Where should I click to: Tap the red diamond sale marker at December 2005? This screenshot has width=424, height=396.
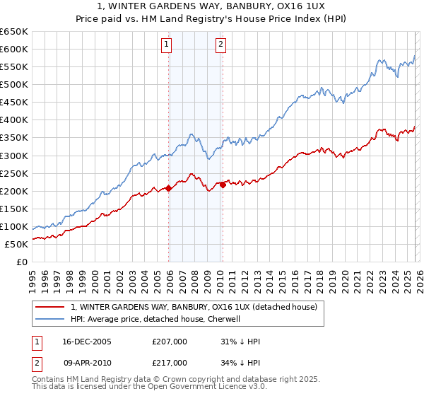pyautogui.click(x=169, y=188)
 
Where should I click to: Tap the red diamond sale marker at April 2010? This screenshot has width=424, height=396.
pyautogui.click(x=223, y=185)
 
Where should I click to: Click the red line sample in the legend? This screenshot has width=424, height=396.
pyautogui.click(x=50, y=307)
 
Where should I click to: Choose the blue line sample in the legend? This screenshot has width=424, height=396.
pyautogui.click(x=50, y=319)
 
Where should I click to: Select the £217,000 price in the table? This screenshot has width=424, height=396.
pyautogui.click(x=169, y=363)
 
